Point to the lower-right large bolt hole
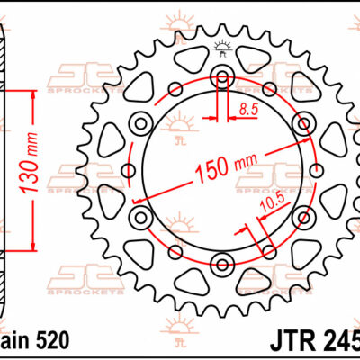coord(301,217)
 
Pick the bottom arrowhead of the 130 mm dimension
coord(33,245)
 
